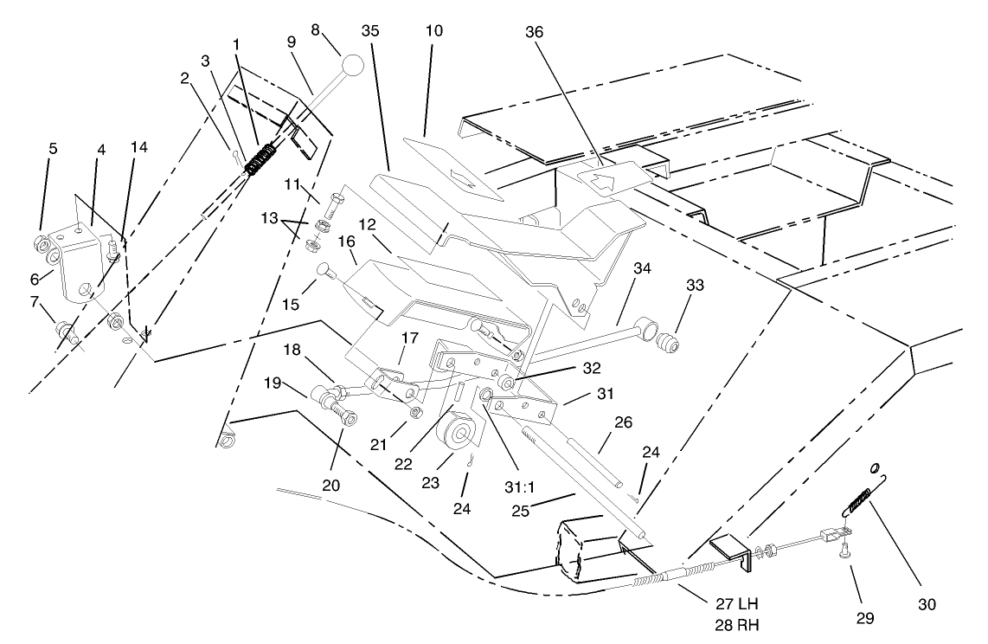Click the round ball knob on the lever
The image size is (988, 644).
coord(352,66)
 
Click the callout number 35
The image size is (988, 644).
coord(371,32)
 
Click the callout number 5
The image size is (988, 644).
coord(53,148)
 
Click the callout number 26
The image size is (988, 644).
coord(624,422)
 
